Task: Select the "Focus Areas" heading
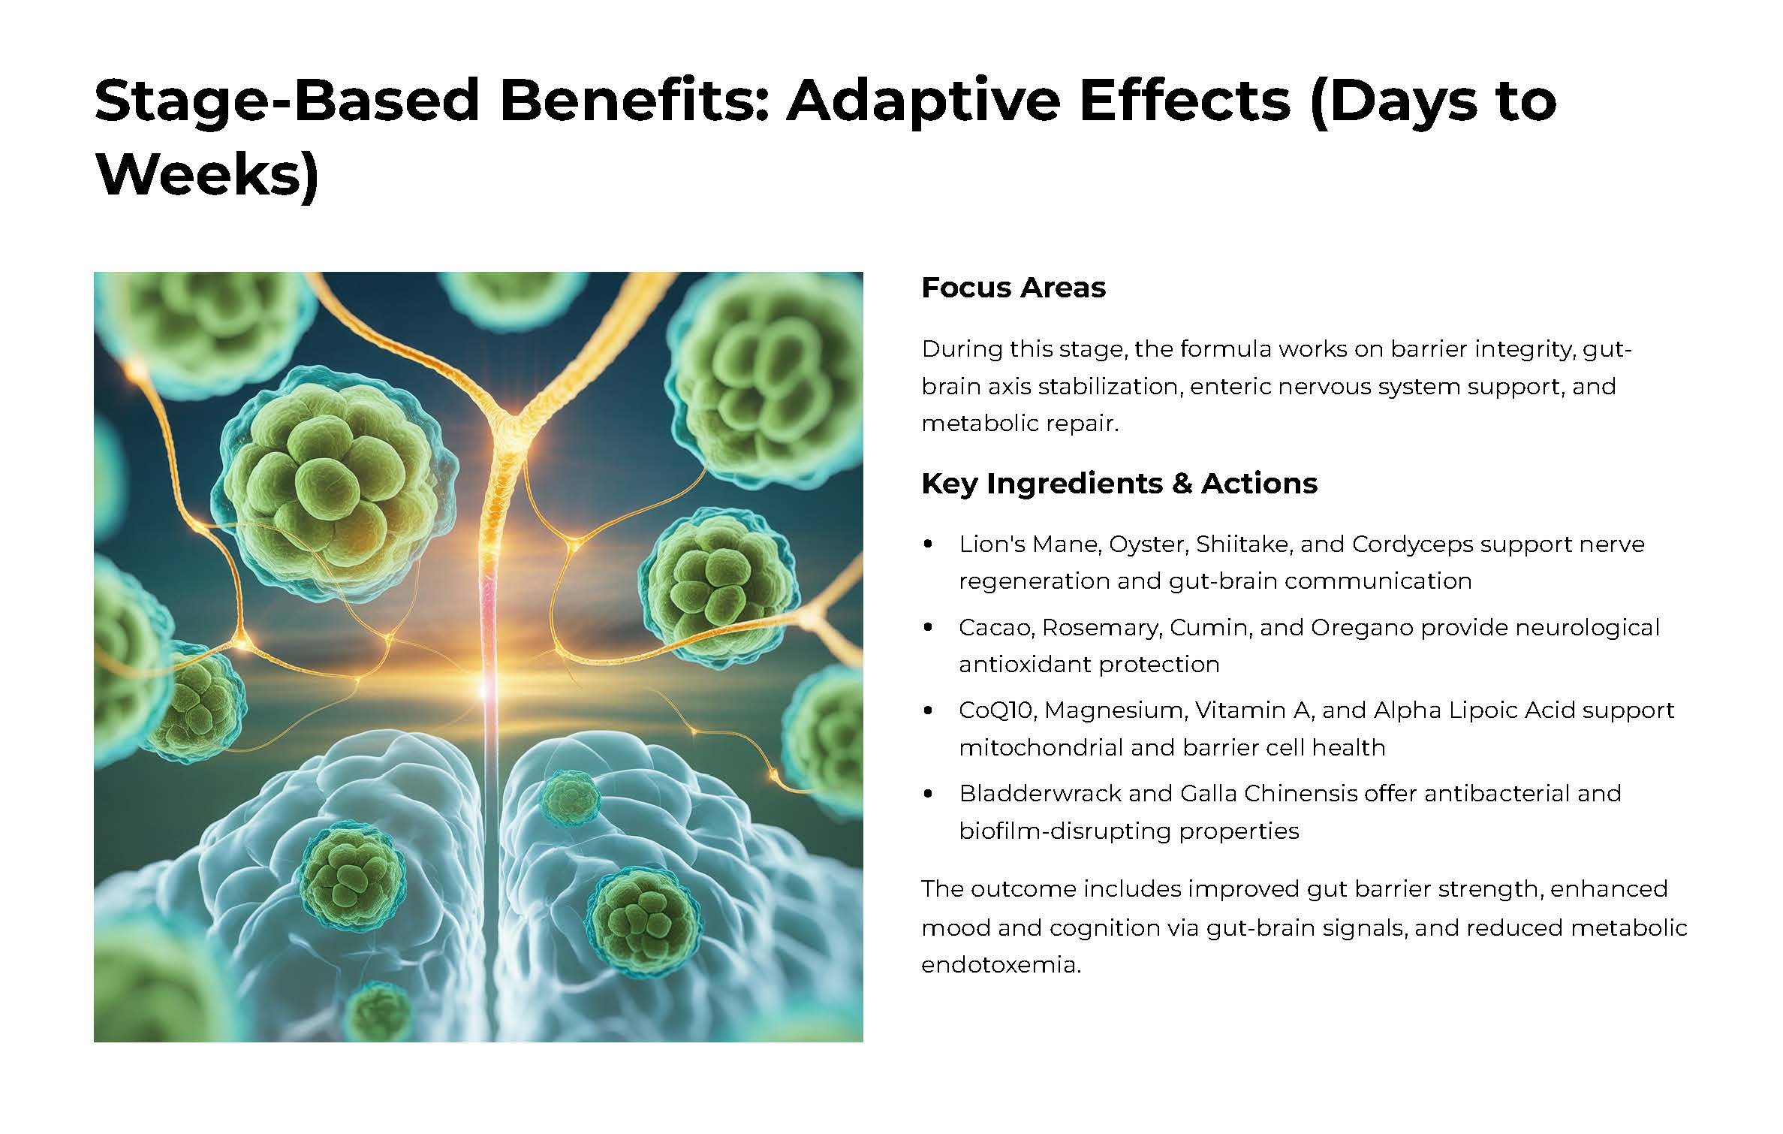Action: [x=1013, y=288]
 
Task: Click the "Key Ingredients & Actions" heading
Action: [x=1119, y=484]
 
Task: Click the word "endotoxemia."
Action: [x=1001, y=964]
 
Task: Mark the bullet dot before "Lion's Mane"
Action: [x=929, y=544]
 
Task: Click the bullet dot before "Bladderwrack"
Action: [x=929, y=793]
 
